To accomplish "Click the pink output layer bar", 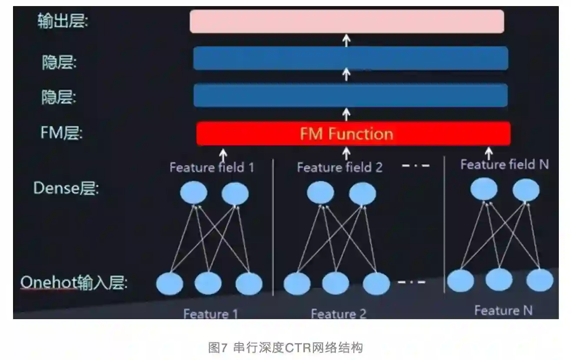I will point(347,21).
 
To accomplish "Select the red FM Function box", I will point(353,133).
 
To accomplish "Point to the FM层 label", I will point(61,133).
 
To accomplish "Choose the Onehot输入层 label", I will point(74,283).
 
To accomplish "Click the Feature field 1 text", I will point(212,167).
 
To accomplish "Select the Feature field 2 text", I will point(339,167).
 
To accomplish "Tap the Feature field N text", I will point(505,164).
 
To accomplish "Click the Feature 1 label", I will point(210,314).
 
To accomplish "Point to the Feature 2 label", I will point(339,313).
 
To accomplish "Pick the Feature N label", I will point(503,310).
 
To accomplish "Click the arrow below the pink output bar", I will point(346,40).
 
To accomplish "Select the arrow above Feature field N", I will point(488,153).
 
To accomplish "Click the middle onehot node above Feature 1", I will point(208,283).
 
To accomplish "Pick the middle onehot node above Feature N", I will point(499,280).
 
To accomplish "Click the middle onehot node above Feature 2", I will point(335,283).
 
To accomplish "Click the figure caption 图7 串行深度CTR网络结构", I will point(285,348).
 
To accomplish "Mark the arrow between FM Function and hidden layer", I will point(346,114).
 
